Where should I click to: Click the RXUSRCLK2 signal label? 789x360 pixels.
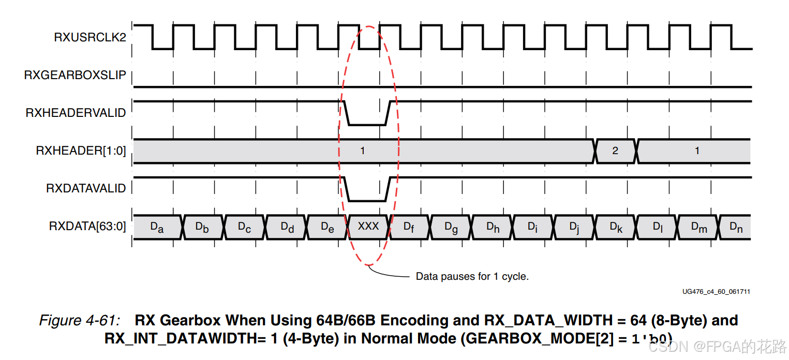(x=90, y=37)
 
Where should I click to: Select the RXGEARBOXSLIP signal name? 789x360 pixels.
(x=75, y=75)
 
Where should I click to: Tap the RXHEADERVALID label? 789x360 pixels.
(x=76, y=113)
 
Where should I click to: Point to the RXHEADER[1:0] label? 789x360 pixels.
(x=81, y=151)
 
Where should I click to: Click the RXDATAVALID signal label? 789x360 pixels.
(x=86, y=188)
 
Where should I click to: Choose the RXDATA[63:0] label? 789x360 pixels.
(x=87, y=226)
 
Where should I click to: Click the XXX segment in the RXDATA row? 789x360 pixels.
(x=368, y=227)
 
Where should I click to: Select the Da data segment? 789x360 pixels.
(x=157, y=227)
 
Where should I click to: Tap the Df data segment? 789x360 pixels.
(x=409, y=227)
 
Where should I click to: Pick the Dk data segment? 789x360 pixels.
(x=616, y=227)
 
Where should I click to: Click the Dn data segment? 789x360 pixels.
(x=736, y=227)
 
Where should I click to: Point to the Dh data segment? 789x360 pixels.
(x=493, y=227)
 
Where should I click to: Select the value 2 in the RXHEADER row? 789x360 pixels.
(x=615, y=151)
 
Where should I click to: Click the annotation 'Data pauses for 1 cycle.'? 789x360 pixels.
(x=472, y=276)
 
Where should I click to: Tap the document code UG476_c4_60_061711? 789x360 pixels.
(x=716, y=292)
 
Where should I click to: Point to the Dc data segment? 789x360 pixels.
(x=244, y=227)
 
